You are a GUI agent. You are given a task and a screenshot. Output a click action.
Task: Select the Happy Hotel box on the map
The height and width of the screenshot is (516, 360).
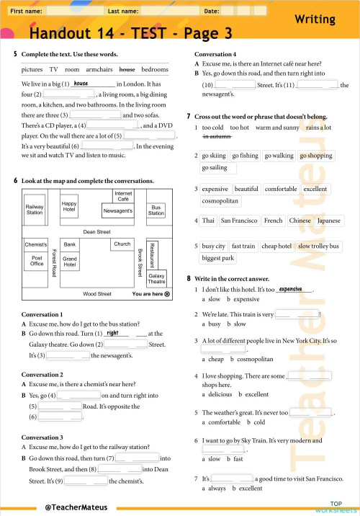69,207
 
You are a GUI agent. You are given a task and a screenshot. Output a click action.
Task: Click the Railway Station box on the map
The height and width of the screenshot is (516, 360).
35,210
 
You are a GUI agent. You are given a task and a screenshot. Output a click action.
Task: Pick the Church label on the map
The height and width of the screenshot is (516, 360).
122,244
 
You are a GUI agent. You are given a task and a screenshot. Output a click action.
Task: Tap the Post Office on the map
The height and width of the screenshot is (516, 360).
37,261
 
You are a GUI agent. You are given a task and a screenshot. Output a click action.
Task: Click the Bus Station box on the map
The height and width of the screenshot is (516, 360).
156,210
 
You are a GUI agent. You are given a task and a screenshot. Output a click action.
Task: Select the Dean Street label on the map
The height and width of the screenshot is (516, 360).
96,232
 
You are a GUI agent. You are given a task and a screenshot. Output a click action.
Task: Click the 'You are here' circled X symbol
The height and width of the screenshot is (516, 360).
167,294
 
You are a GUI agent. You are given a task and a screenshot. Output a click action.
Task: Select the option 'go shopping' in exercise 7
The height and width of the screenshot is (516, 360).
316,155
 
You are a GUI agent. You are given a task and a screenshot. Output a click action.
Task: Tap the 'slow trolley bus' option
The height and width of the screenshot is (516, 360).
318,246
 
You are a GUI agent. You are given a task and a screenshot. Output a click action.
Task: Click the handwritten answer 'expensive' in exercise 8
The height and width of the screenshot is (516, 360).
290,288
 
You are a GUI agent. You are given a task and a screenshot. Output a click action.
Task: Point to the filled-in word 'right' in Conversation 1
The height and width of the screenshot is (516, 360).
112,333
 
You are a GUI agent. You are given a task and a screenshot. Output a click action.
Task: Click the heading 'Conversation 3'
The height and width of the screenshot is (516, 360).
42,437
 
